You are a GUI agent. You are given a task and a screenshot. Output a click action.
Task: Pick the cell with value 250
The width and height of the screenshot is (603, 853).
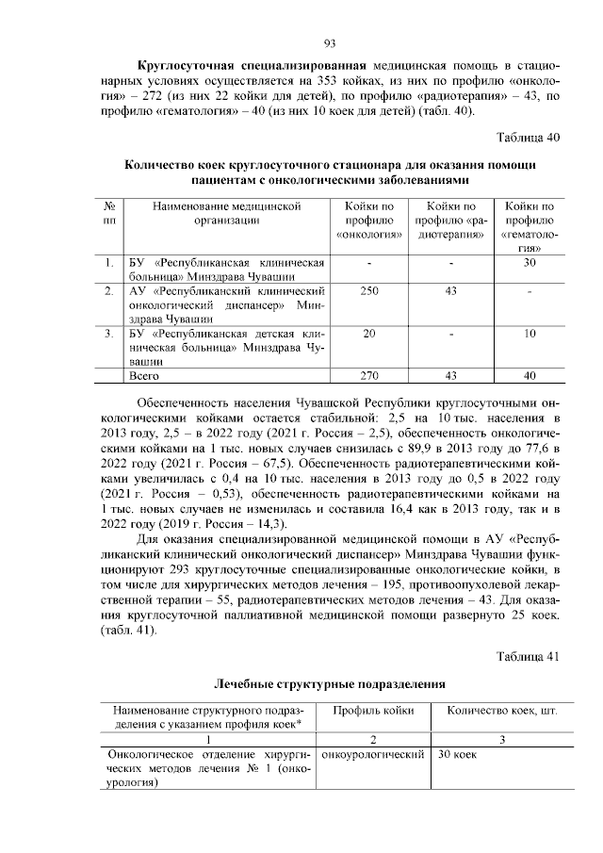(369, 291)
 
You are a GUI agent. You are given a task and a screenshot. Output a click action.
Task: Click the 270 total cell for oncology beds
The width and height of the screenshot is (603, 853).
(369, 375)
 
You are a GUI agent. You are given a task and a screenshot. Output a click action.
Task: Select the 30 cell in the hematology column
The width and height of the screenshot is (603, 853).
(530, 261)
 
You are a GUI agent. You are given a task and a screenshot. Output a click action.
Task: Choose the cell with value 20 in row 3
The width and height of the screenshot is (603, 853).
(369, 334)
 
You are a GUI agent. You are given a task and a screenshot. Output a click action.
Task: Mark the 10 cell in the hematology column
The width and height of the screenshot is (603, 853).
(530, 334)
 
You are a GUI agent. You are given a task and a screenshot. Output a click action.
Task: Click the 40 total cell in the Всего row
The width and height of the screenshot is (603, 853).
(530, 375)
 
